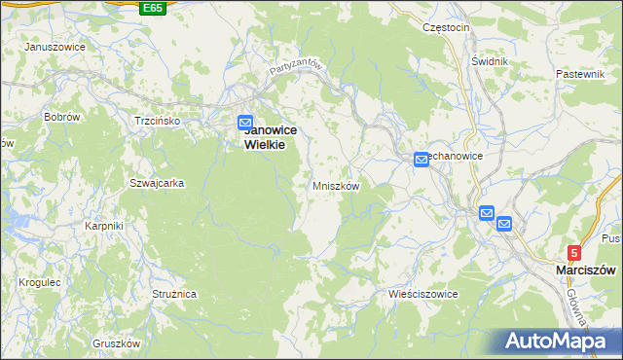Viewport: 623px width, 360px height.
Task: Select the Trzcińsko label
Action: point(158,121)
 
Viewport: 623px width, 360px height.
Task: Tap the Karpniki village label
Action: point(103,226)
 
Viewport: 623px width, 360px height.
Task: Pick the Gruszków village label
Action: point(117,343)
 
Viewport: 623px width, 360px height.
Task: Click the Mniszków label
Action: point(337,186)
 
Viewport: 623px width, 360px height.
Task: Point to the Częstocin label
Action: point(447,27)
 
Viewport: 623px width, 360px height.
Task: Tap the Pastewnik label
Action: point(581,74)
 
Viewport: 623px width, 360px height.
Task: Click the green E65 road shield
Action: point(152,8)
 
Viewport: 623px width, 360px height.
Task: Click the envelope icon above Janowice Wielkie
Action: point(246,122)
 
